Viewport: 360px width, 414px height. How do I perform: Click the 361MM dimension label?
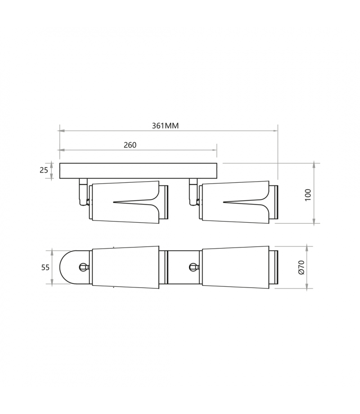pyautogui.click(x=165, y=126)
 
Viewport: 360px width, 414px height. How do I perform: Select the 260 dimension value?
pyautogui.click(x=130, y=145)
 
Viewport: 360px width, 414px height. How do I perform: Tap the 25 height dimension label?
pyautogui.click(x=44, y=170)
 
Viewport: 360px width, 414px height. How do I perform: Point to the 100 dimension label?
pyautogui.click(x=308, y=195)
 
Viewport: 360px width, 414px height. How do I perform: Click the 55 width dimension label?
pyautogui.click(x=45, y=267)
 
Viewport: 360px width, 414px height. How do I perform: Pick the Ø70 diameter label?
pyautogui.click(x=301, y=267)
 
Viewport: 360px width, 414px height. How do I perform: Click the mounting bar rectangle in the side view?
pyautogui.click(x=138, y=171)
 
